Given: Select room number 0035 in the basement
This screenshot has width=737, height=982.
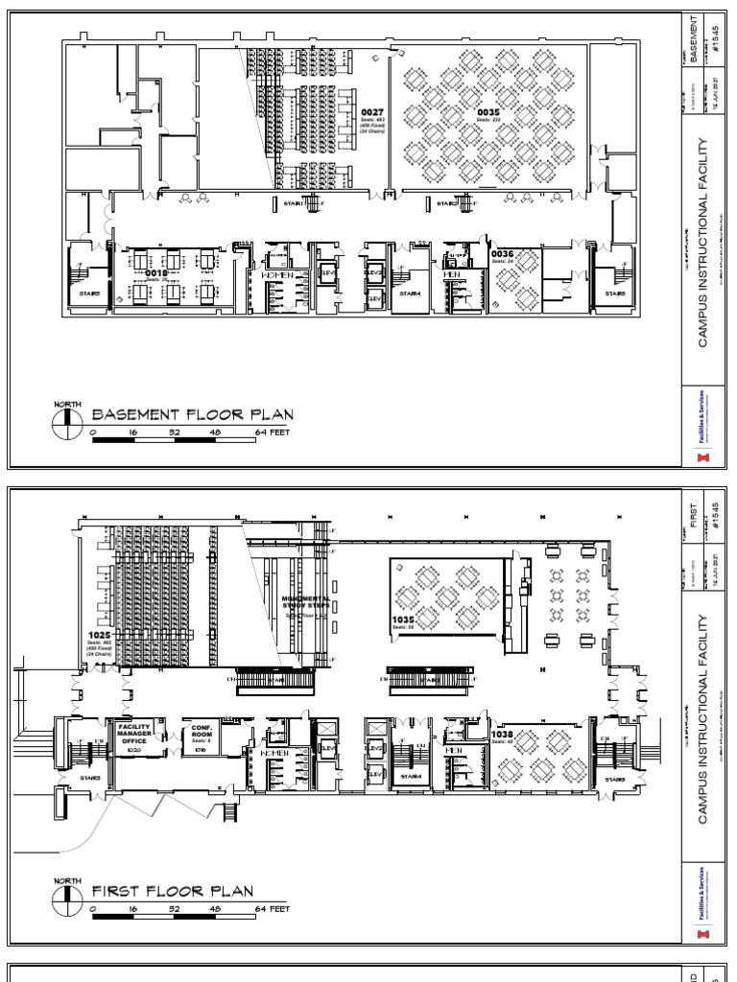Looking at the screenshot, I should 487,111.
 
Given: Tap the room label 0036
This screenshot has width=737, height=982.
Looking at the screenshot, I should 502,254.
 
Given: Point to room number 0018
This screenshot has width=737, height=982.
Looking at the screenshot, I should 155,273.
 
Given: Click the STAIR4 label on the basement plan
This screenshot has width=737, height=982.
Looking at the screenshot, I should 411,293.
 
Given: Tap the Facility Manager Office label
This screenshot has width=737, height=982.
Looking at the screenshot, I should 135,734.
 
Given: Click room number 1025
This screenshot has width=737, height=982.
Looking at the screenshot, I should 99,635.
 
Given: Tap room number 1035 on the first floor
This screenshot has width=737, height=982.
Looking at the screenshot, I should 402,620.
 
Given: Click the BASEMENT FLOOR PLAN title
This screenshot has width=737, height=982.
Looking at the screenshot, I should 192,415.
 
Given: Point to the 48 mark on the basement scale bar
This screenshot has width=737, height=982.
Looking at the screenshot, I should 215,433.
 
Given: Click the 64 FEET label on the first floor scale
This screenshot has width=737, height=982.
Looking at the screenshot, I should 273,908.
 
